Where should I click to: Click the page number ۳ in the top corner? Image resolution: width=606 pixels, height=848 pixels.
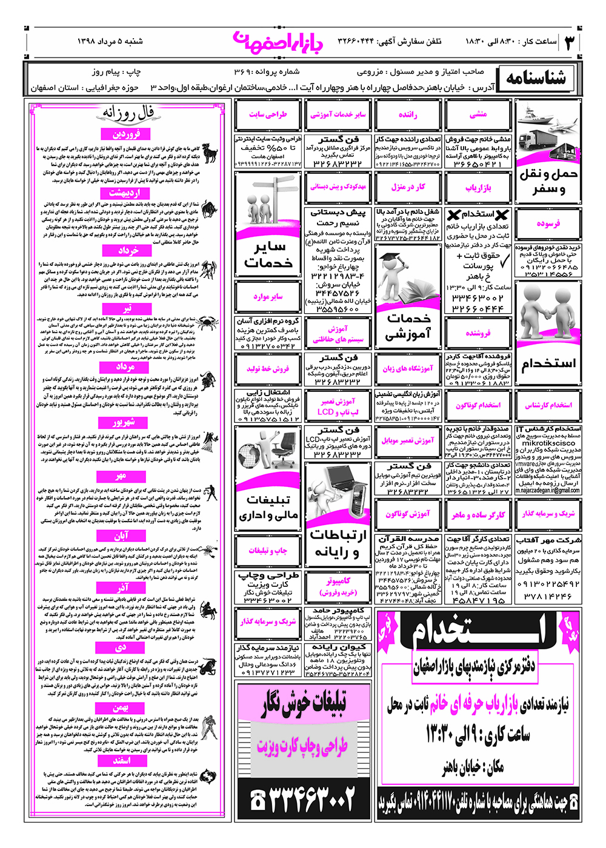coord(569,42)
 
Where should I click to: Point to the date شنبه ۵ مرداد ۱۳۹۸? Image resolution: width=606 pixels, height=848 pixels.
coord(110,42)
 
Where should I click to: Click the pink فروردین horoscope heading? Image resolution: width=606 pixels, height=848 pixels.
coord(126,134)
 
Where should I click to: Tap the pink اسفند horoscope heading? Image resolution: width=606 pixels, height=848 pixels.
coord(121,760)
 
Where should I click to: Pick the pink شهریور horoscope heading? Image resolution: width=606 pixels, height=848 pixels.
coord(123,422)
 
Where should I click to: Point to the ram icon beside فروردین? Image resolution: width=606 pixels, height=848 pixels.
coord(210,154)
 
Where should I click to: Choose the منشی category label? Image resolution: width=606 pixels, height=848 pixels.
coord(478,114)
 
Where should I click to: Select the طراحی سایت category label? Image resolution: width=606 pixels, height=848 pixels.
coord(267,114)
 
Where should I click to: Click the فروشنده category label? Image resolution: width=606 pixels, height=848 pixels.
coord(478,333)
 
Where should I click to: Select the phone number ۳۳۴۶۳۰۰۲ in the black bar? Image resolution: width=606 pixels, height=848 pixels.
coord(303,801)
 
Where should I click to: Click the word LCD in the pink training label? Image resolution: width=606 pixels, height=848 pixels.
coord(325,412)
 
